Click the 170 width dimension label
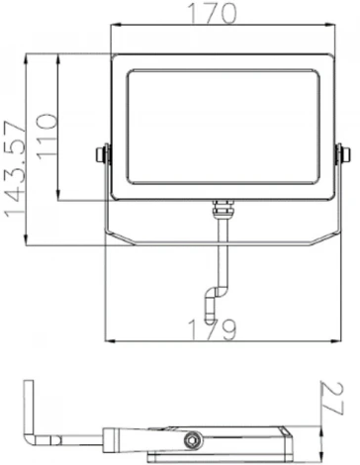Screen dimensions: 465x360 coord(224,15)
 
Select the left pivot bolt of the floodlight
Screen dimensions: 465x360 coord(103,155)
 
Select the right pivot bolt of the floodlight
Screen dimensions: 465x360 coord(342,155)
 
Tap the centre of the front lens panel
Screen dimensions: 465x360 coord(223,127)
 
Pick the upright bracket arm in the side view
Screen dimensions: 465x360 coord(33,408)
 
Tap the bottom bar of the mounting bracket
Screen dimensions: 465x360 coord(223,244)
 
